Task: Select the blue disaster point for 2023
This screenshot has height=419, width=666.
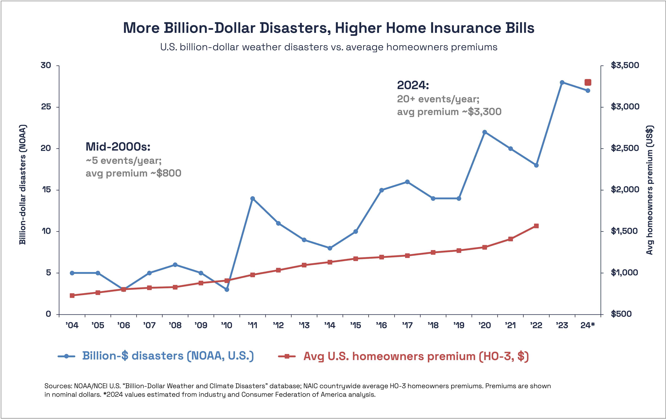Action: (x=562, y=82)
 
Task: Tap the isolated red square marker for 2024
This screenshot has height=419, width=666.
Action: (x=588, y=82)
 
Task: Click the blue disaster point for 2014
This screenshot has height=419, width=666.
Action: (x=330, y=248)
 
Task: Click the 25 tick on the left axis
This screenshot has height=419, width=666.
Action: (x=46, y=107)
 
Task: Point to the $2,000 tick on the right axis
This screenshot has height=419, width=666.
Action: (x=625, y=190)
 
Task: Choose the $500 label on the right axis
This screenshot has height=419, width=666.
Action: (x=621, y=314)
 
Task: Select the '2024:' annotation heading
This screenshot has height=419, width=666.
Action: (x=413, y=85)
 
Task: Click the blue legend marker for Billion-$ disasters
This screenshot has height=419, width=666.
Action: (x=66, y=356)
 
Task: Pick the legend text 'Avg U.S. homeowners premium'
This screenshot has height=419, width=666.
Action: (x=389, y=356)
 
